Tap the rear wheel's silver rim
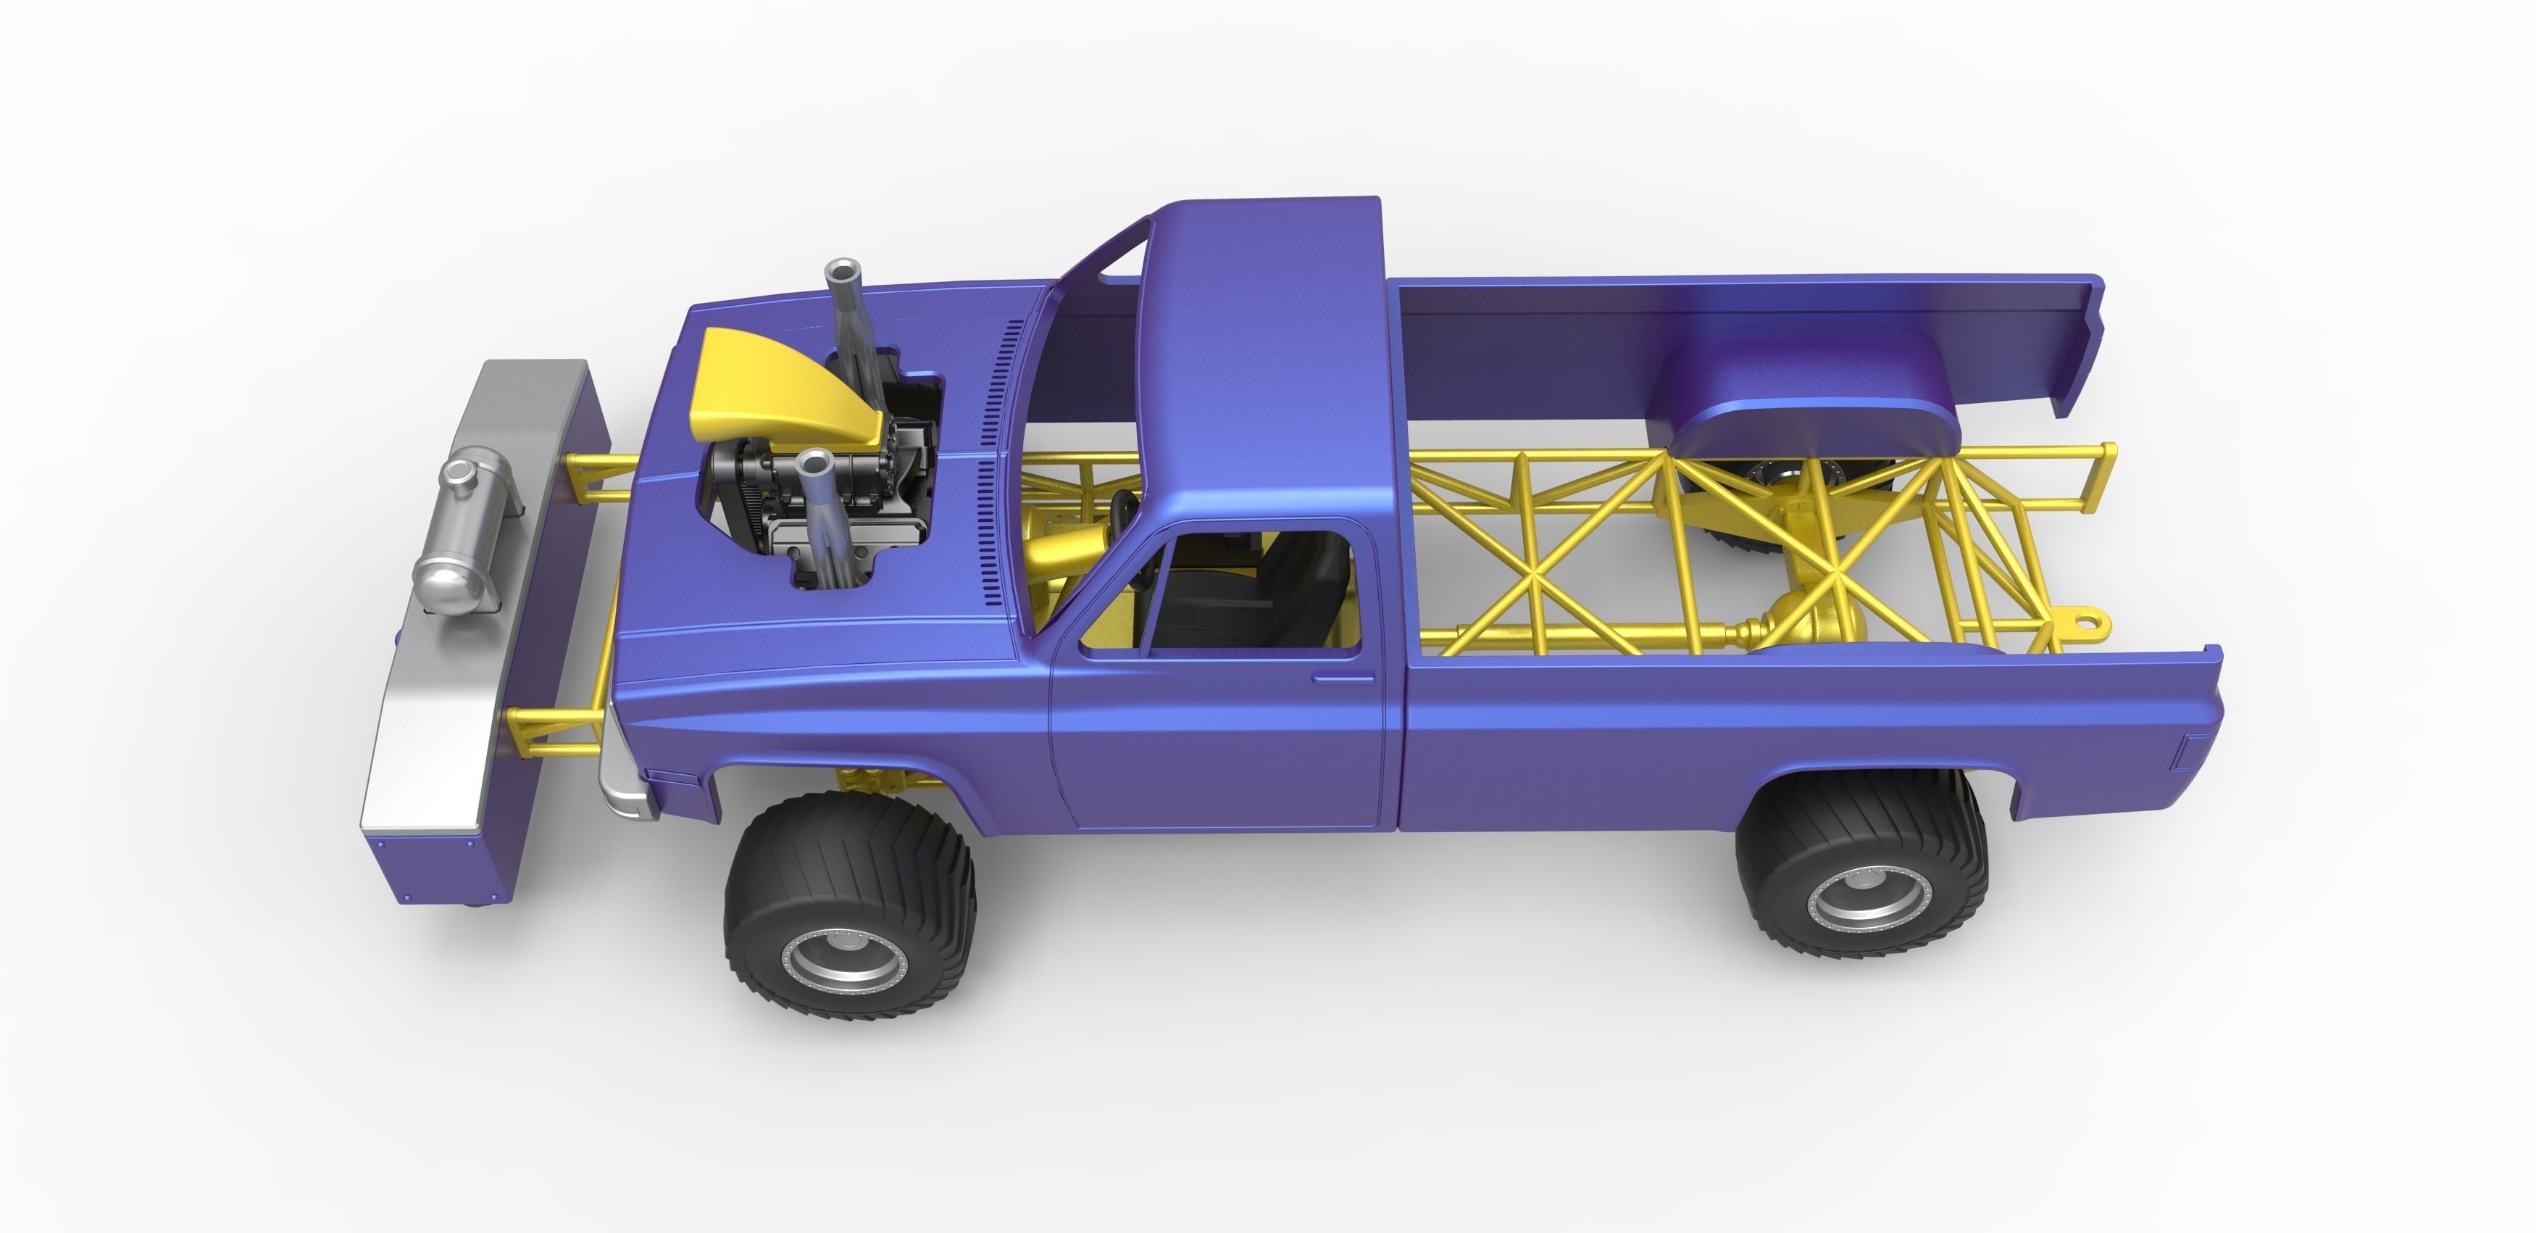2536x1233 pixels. tap(1851, 900)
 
